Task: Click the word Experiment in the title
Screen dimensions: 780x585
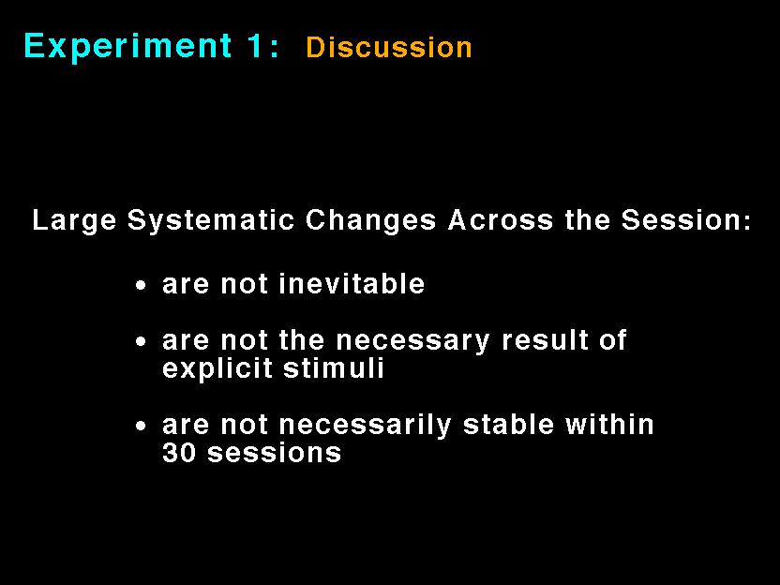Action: [127, 47]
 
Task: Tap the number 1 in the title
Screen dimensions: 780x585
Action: [255, 46]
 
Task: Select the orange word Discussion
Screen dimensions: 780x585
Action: [389, 48]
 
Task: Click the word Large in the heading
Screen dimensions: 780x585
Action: [74, 220]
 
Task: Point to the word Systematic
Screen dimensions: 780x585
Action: [211, 220]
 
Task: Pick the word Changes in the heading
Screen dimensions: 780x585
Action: [370, 220]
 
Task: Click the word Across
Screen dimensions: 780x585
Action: [501, 219]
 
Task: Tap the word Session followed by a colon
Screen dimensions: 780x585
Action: [686, 219]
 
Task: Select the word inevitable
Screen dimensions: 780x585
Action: [352, 284]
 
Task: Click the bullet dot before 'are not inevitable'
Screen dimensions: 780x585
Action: [142, 286]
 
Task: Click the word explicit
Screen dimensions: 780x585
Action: [217, 369]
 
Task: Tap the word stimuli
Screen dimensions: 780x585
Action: [334, 368]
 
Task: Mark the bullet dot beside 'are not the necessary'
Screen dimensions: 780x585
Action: [142, 342]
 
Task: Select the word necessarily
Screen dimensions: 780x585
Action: [365, 427]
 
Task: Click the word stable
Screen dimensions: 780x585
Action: [508, 425]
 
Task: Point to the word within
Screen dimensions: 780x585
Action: [609, 425]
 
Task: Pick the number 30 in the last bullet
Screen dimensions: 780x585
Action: [179, 453]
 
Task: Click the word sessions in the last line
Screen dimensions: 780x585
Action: [274, 454]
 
